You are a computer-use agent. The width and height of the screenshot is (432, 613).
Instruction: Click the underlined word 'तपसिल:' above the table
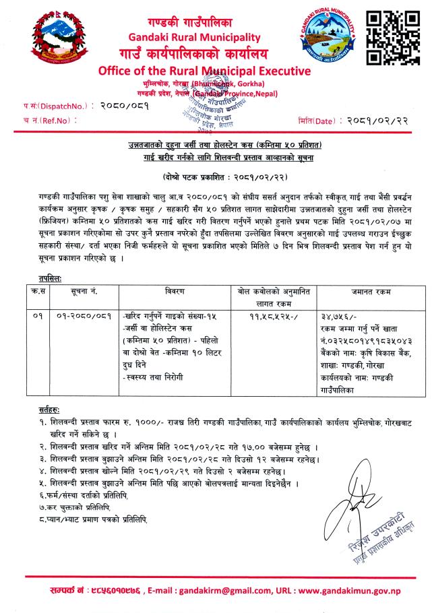[53, 277]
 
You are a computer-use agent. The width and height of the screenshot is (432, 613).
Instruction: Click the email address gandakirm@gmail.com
[230, 590]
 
